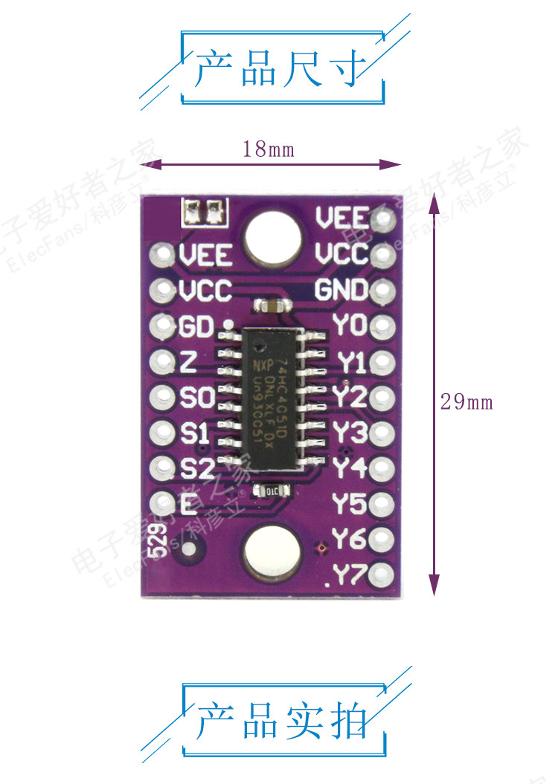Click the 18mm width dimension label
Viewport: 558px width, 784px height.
pos(269,149)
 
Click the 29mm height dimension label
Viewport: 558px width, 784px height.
pos(466,402)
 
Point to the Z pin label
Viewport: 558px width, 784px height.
pos(188,362)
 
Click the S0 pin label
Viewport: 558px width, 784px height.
pos(196,398)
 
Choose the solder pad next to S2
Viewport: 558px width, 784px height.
pos(161,468)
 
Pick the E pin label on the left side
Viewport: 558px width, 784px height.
pos(188,504)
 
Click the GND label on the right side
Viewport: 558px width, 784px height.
pos(341,290)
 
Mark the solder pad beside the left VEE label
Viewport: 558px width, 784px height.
pos(161,256)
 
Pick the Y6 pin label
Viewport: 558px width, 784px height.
pos(350,539)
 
